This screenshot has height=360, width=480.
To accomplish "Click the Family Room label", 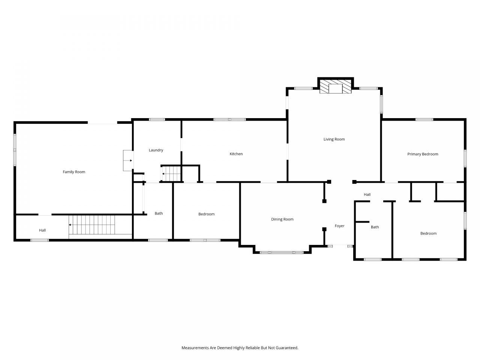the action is (74, 172).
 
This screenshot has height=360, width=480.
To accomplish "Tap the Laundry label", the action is (156, 150).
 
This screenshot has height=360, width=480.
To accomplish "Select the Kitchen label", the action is (236, 154).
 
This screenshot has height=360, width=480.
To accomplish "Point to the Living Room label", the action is (334, 139).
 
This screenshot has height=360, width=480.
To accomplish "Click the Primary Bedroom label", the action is (423, 154).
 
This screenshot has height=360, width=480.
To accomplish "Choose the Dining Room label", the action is (282, 219).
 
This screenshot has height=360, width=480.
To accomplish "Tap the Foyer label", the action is (340, 226).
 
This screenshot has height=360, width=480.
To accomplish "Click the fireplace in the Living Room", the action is (336, 86).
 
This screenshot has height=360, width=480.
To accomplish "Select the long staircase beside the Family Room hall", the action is (92, 225).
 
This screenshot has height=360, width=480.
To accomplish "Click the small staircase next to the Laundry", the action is (171, 174).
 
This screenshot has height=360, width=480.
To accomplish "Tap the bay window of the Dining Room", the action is (282, 252).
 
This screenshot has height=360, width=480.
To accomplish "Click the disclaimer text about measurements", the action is (240, 348).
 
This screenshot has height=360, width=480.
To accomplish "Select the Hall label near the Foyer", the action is (367, 195).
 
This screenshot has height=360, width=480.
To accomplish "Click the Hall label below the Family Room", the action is (42, 230).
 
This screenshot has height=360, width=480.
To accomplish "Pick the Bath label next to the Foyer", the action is (375, 227).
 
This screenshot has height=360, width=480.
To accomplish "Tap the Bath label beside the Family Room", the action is (159, 213).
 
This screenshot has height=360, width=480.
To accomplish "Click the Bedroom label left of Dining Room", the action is (206, 214).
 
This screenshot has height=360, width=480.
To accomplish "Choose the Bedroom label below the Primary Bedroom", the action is (428, 234).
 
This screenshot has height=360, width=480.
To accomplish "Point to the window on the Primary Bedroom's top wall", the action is (424, 120).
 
